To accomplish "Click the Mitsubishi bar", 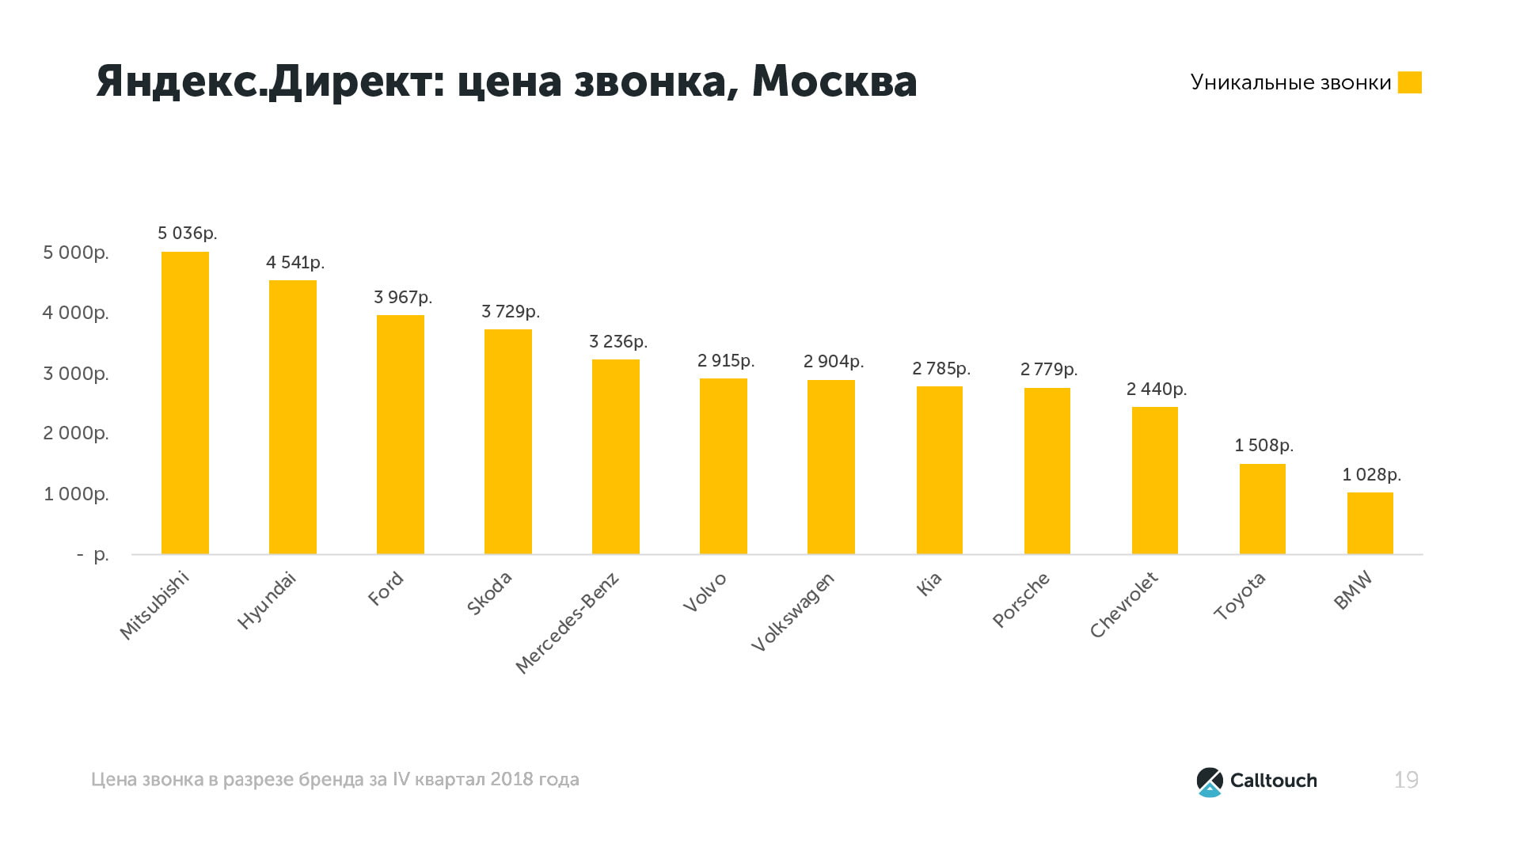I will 185,403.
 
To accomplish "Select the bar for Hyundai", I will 293,417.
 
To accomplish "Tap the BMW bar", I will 1370,523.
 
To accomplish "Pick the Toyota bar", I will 1262,509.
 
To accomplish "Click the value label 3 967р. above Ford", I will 403,298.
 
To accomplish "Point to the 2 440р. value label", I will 1156,389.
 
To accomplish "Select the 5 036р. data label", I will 187,234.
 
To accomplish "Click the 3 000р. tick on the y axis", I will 76,374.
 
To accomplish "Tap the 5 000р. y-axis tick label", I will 76,253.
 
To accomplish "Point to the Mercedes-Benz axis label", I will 567,623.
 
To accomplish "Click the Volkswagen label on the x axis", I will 792,613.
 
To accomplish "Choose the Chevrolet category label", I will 1123,605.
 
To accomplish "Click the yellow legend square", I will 1409,82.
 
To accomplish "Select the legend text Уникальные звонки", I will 1290,83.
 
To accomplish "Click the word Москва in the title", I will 834,82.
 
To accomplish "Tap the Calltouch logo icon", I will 1209,781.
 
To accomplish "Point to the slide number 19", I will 1406,781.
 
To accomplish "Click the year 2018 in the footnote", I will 511,780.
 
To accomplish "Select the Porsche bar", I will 1047,471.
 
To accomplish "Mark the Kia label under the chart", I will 929,583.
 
